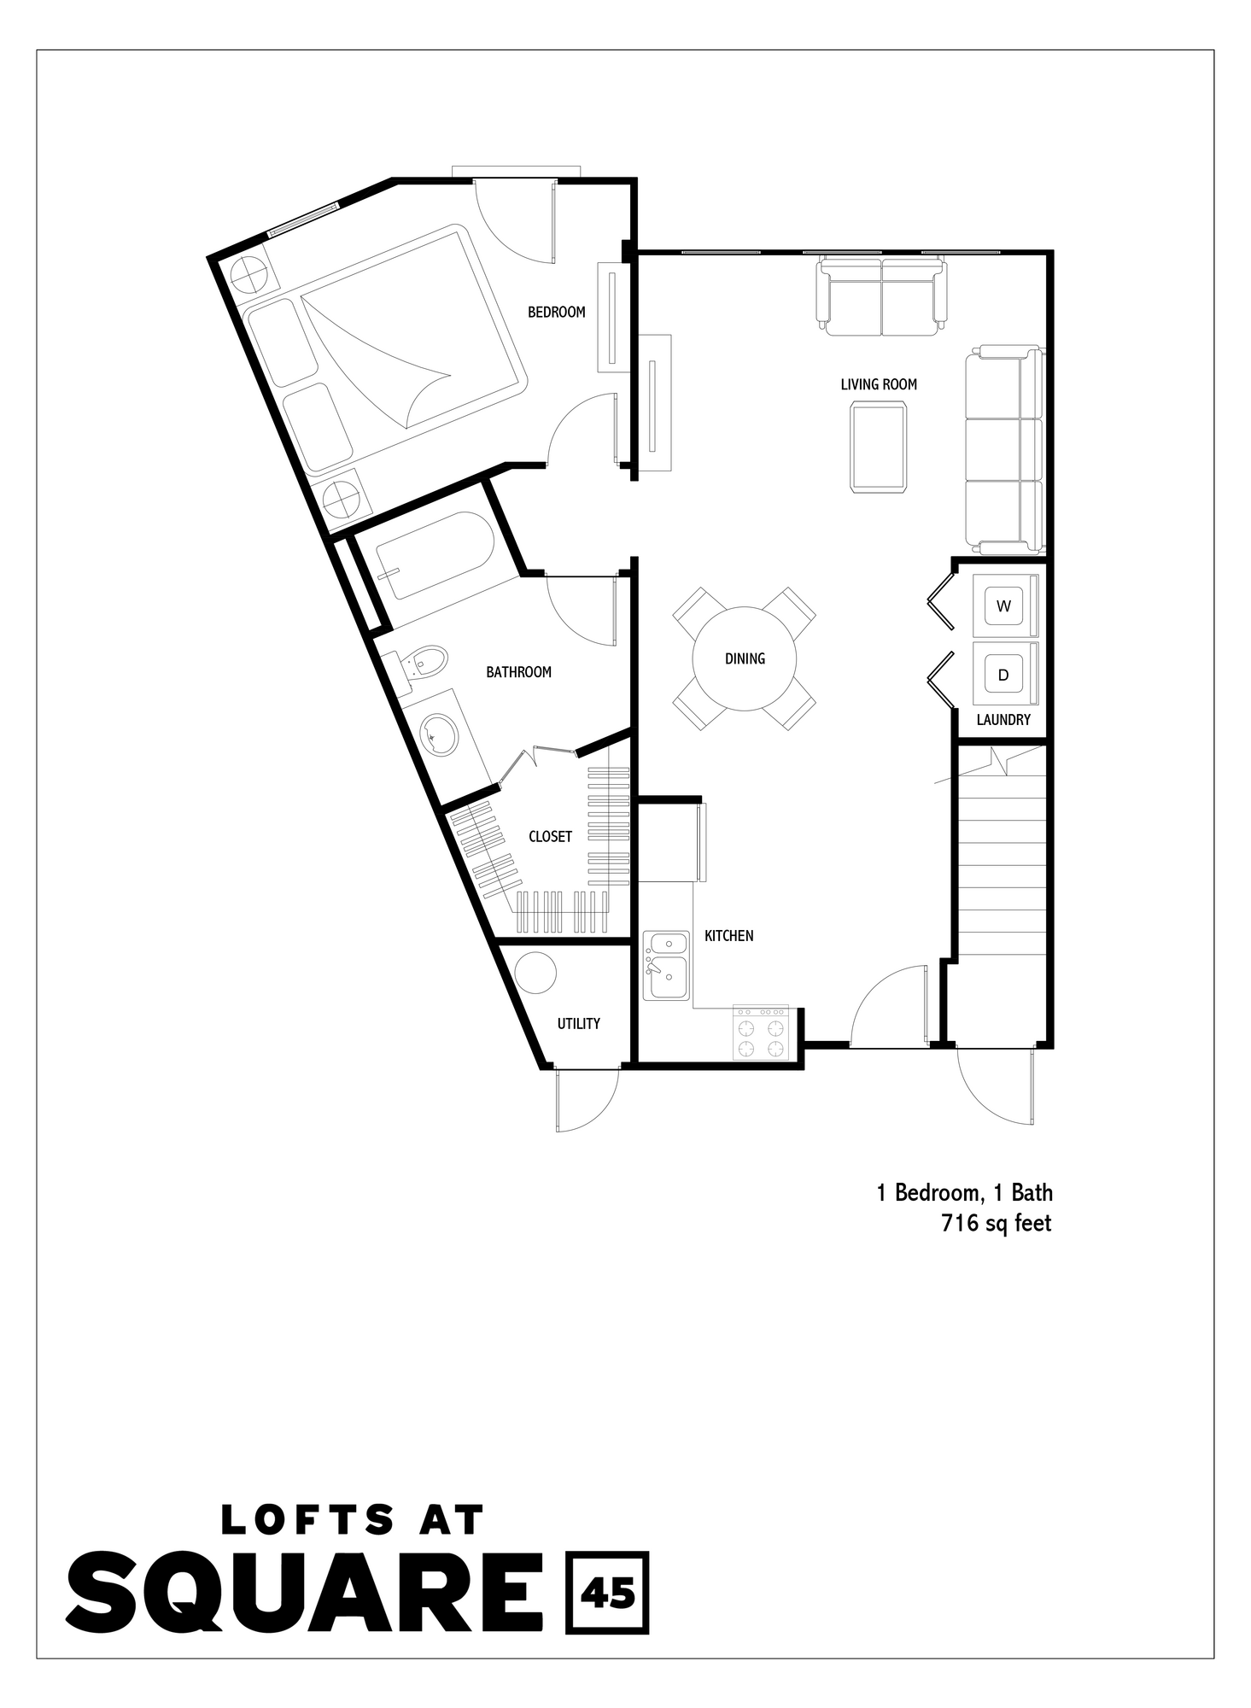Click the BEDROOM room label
(556, 313)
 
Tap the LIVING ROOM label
(878, 384)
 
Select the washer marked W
(1003, 606)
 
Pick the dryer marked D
(1003, 675)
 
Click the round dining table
(744, 658)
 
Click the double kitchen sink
(667, 966)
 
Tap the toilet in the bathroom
(424, 662)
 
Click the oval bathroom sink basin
(440, 734)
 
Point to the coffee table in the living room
(879, 447)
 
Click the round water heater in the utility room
(536, 972)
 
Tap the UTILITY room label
(578, 1023)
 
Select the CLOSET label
(550, 837)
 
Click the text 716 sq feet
(996, 1224)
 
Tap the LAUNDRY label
(1003, 720)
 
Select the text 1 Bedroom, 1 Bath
(964, 1193)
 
